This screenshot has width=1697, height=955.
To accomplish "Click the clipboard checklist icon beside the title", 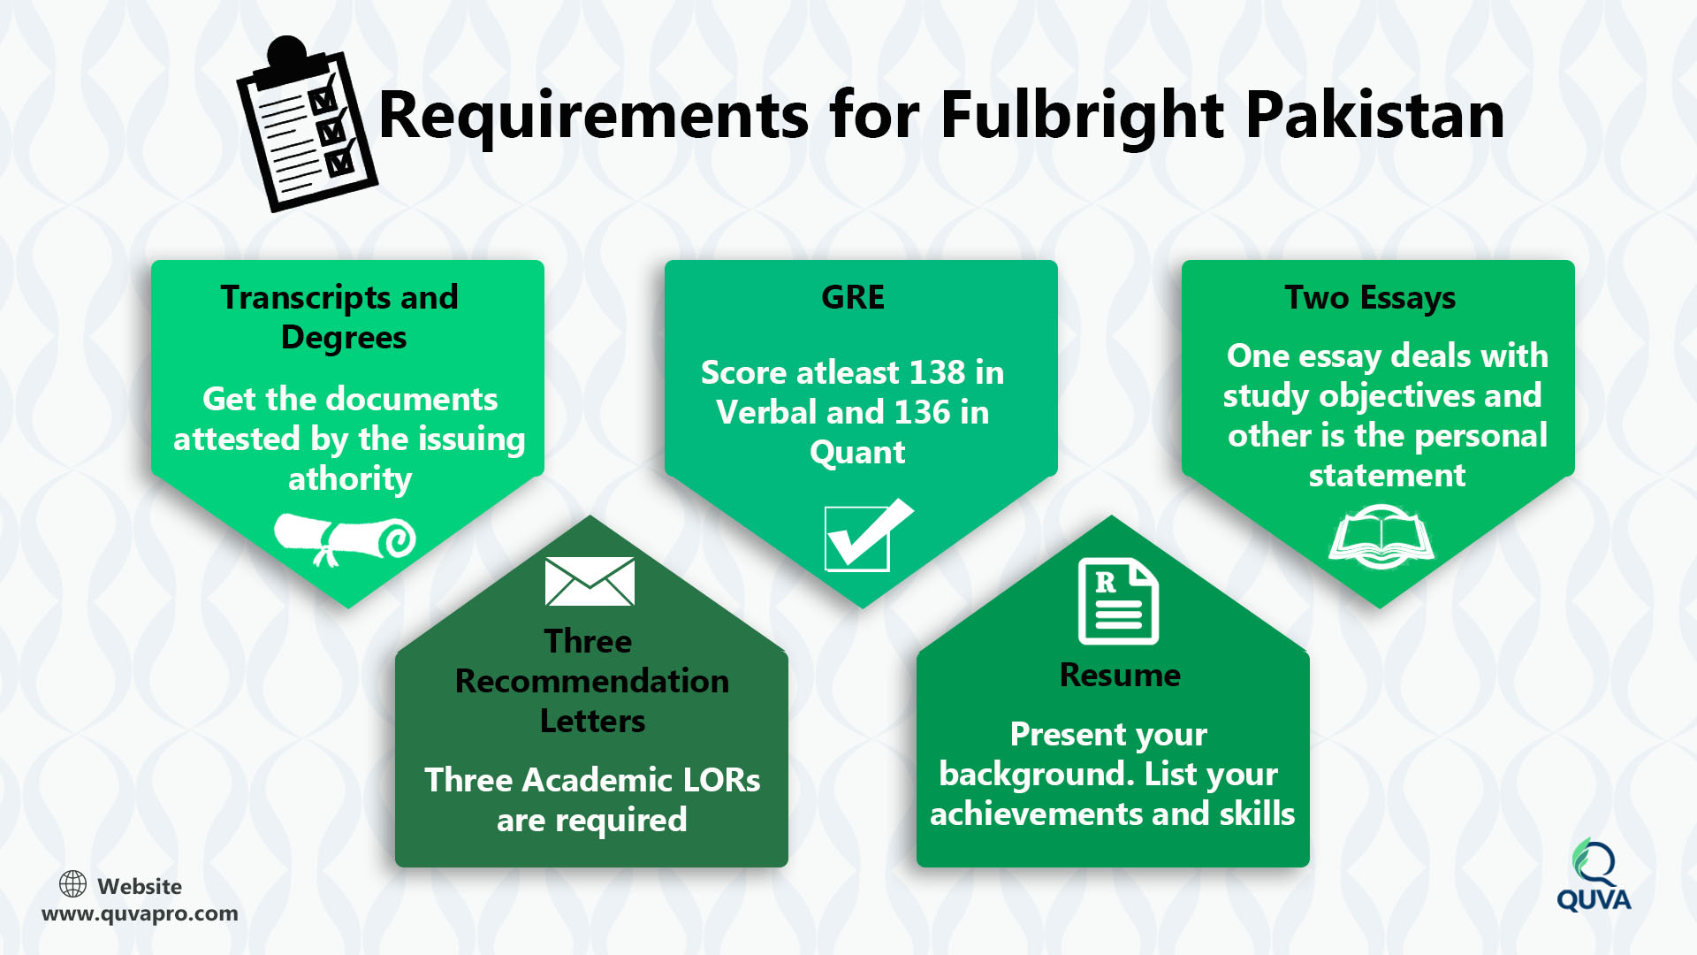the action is click(x=307, y=124).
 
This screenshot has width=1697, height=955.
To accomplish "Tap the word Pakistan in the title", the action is click(x=1375, y=116).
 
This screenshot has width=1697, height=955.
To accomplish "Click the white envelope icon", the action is click(x=590, y=581).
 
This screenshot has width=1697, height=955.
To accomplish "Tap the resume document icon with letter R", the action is click(x=1118, y=601).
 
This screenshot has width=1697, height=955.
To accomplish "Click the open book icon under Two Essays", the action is click(x=1381, y=536).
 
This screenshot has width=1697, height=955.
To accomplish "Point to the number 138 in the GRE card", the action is click(x=938, y=372).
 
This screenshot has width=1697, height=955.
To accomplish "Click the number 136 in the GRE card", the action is click(x=923, y=412).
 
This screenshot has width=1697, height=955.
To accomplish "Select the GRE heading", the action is click(x=853, y=297).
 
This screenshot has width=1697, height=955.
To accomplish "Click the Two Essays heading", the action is click(x=1370, y=299).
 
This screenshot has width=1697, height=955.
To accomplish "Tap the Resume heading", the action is click(x=1120, y=675).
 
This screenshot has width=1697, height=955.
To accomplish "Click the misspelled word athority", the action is click(x=350, y=479).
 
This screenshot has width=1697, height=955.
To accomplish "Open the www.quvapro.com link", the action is click(x=140, y=913).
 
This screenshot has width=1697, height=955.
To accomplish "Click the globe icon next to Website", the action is click(x=72, y=883).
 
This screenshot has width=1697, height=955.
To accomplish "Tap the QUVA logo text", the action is click(x=1594, y=900).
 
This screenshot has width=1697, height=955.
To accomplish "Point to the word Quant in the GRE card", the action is click(x=857, y=453).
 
